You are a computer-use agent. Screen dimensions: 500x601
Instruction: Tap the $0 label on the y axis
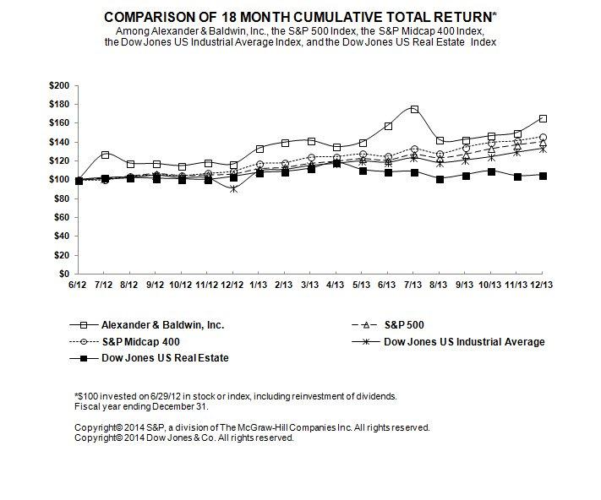coord(65,274)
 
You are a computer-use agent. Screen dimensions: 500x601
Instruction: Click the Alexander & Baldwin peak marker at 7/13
coord(414,110)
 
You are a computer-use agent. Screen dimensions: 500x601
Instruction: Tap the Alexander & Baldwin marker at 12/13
coord(542,119)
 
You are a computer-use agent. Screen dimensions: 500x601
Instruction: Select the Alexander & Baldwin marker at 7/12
coord(105,155)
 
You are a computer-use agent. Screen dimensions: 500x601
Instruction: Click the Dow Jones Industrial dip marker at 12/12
coord(233,188)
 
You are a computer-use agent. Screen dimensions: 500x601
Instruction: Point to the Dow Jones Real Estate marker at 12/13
coord(542,176)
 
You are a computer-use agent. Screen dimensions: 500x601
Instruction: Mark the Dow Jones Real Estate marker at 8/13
coord(440,179)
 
